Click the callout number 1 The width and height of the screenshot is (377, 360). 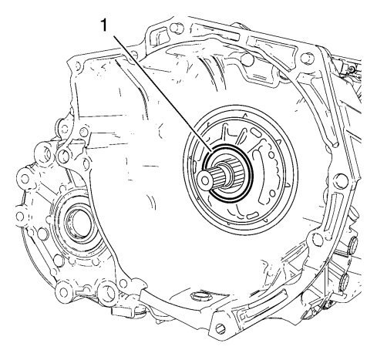tap(104, 25)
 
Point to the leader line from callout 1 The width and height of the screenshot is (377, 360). tap(163, 93)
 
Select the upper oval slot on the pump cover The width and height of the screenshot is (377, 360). tap(256, 133)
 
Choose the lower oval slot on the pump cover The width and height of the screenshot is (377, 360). tap(253, 215)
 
